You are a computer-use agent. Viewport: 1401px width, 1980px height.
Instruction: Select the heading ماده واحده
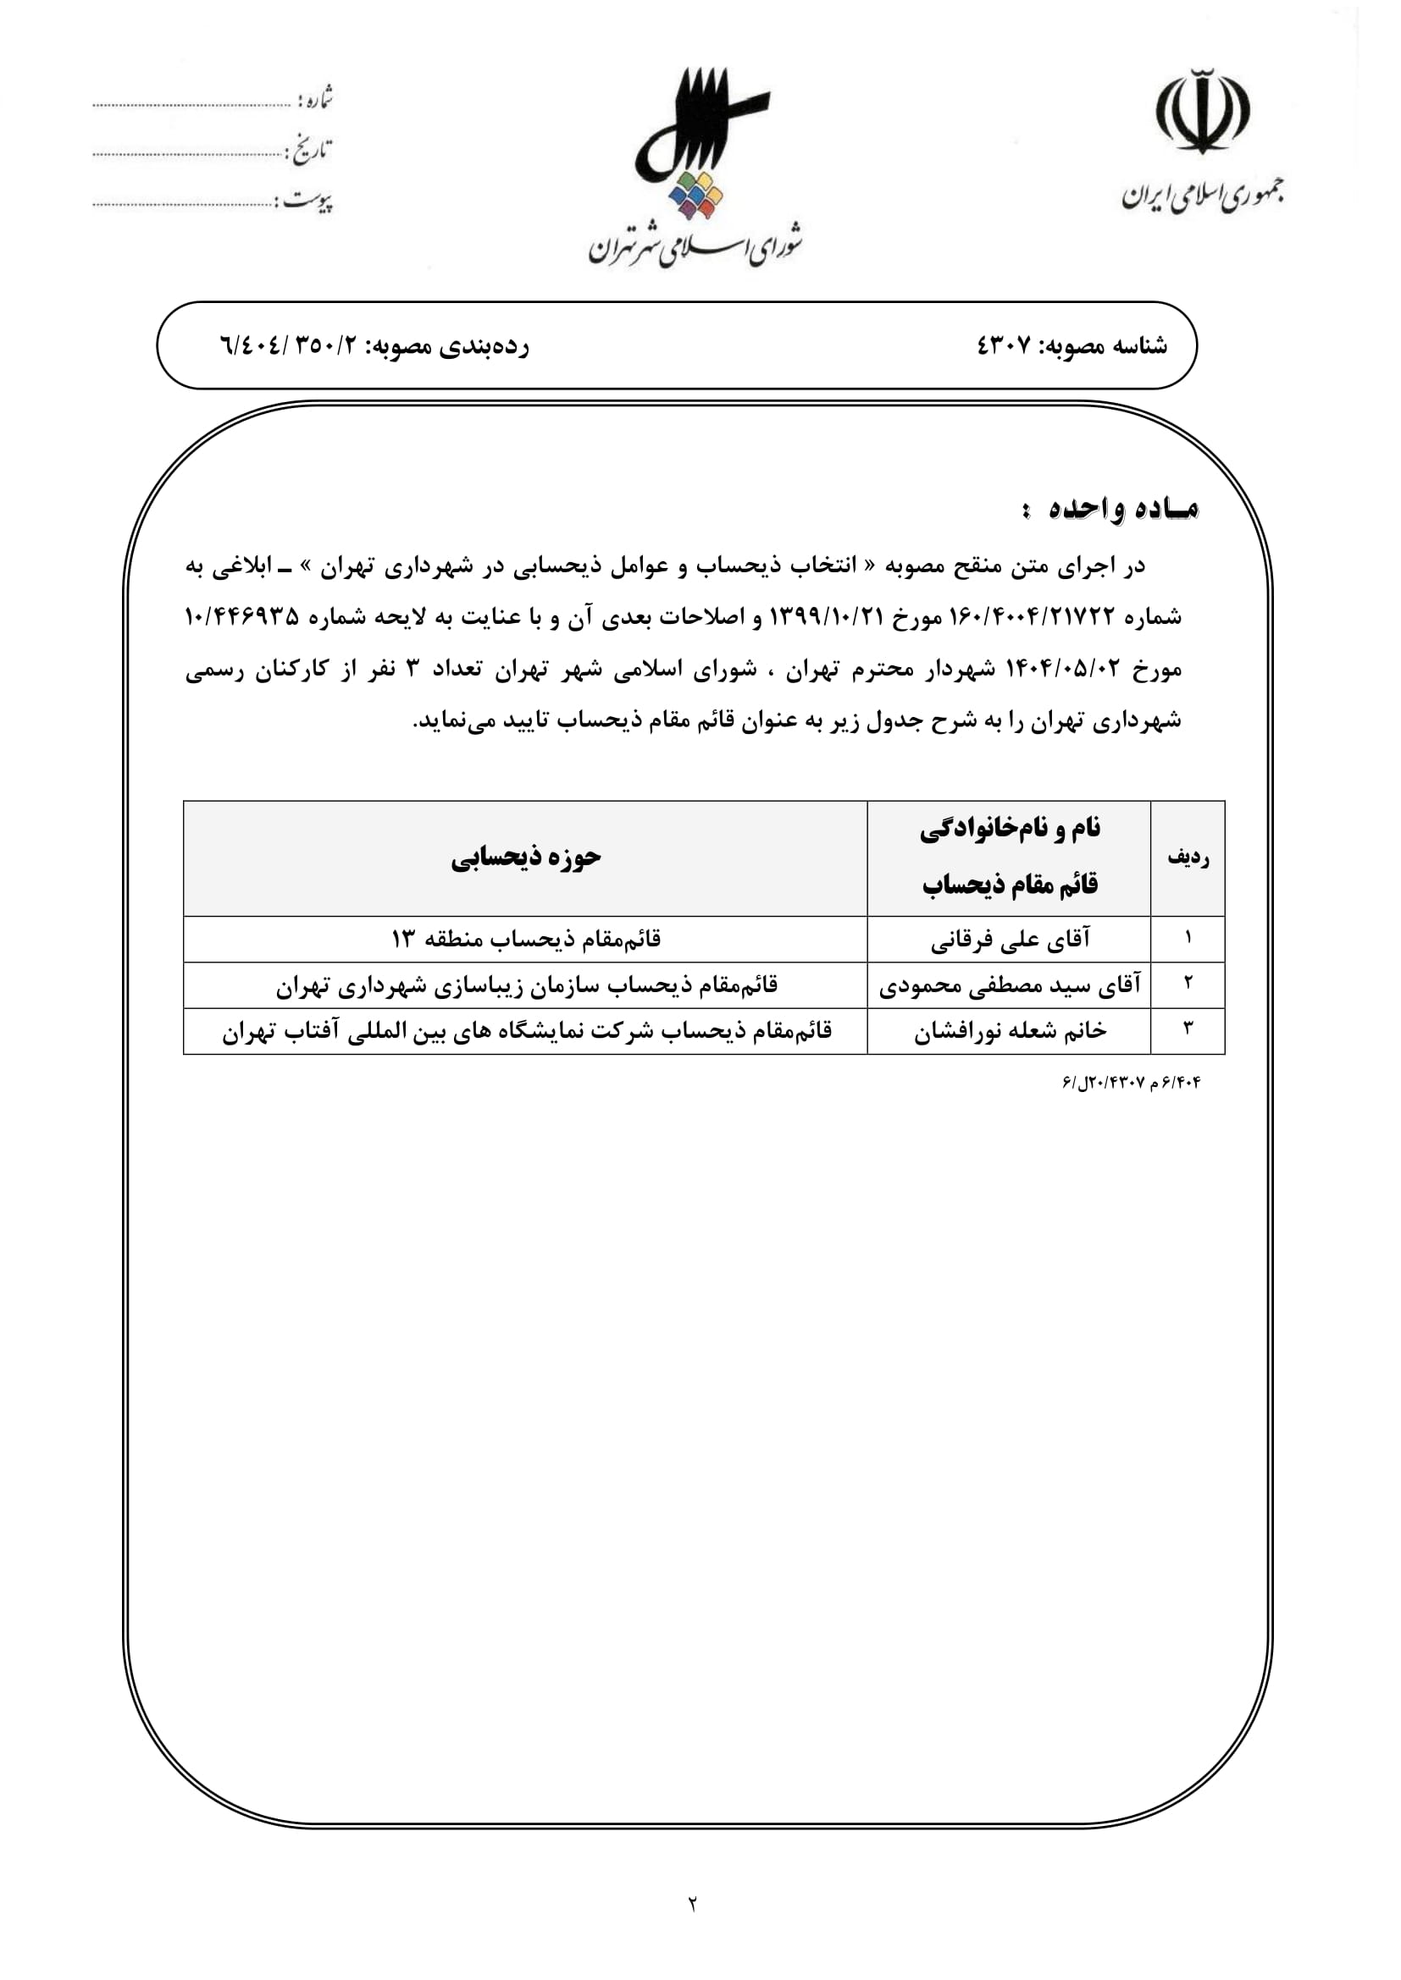1122,510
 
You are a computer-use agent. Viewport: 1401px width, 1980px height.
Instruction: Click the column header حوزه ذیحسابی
525,858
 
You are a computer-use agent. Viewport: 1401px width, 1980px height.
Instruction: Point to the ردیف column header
1188,858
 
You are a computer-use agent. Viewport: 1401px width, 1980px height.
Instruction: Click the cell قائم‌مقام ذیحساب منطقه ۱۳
525,939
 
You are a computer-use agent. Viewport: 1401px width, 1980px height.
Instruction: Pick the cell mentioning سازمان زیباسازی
525,985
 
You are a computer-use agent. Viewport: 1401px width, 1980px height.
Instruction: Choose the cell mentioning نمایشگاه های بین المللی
525,1031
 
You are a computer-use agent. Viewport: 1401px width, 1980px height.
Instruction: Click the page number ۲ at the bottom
693,1903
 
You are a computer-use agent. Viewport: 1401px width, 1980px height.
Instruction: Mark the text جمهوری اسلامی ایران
1203,196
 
